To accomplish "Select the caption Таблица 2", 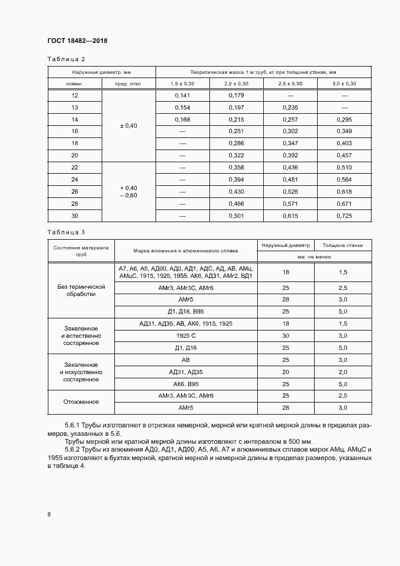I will pyautogui.click(x=66, y=59).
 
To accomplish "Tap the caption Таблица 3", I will pyautogui.click(x=66, y=232).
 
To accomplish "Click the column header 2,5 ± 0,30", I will pyautogui.click(x=290, y=83).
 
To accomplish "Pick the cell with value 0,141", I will pyautogui.click(x=182, y=96).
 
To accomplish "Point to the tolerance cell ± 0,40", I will pyautogui.click(x=129, y=125).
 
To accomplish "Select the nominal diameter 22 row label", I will pyautogui.click(x=75, y=168).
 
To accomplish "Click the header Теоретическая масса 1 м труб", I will pyautogui.click(x=263, y=71).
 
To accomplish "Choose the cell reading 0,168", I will pyautogui.click(x=182, y=120).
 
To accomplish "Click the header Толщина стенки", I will pyautogui.click(x=343, y=245).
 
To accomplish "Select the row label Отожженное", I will pyautogui.click(x=81, y=401).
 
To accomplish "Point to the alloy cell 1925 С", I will pyautogui.click(x=186, y=335).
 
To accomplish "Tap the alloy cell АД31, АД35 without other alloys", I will pyautogui.click(x=186, y=372).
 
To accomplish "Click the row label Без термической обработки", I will pyautogui.click(x=81, y=290).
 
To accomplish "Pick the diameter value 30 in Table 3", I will pyautogui.click(x=286, y=335).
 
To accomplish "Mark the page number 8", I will pyautogui.click(x=49, y=515).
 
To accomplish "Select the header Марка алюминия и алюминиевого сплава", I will pyautogui.click(x=186, y=250).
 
